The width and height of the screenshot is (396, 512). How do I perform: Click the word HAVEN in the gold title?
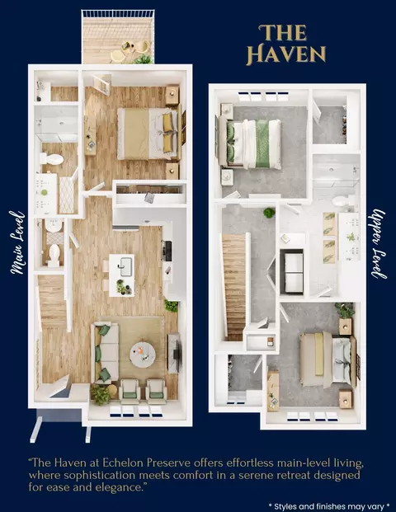pos(286,54)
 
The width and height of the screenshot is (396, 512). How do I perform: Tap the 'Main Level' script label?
pos(17,242)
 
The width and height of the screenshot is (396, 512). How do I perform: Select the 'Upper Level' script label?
pos(379,243)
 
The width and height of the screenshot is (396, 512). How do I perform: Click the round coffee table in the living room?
pos(143,354)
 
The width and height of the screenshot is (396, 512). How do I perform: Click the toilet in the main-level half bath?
pos(54,254)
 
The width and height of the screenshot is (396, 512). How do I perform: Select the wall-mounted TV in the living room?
pos(177,354)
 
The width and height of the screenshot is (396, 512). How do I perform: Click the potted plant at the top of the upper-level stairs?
pos(269,213)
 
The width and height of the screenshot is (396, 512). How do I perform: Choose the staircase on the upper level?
pos(234,287)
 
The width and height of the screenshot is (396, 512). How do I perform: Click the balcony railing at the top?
pos(118,14)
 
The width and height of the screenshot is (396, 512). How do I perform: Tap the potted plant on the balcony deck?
pos(144,59)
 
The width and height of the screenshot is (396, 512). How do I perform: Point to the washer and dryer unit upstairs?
pos(293,271)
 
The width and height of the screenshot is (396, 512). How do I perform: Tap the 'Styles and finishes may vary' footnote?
pos(329,506)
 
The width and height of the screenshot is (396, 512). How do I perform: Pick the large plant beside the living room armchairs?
pos(100,394)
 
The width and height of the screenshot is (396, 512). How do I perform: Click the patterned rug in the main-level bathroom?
pos(66,195)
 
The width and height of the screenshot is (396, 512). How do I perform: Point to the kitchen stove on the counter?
pos(167,251)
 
